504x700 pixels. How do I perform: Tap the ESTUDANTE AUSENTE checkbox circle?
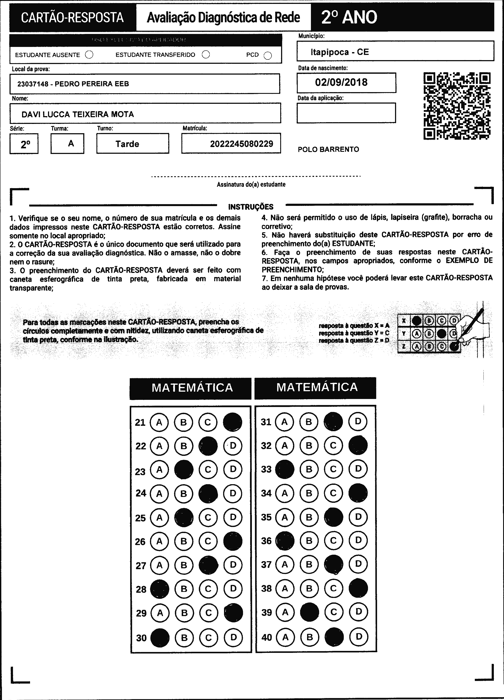click(x=89, y=55)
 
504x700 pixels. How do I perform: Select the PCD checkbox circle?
click(x=268, y=56)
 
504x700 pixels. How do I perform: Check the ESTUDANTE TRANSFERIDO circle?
click(x=206, y=55)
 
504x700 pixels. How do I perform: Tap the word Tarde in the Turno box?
click(x=127, y=144)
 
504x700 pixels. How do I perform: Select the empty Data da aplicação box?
click(x=346, y=113)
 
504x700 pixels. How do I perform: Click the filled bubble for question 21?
click(x=232, y=422)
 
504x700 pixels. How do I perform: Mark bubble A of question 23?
click(x=159, y=470)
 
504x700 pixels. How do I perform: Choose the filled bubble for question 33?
click(x=285, y=469)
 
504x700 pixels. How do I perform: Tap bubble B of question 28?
click(x=184, y=589)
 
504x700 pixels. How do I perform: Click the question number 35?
click(x=266, y=517)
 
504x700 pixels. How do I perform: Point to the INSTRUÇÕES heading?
click(x=251, y=207)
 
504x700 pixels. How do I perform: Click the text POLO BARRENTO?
click(x=328, y=149)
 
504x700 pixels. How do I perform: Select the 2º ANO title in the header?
click(x=349, y=17)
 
